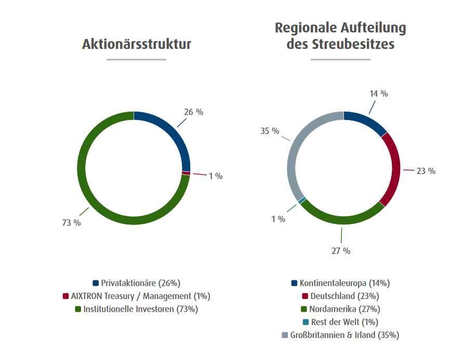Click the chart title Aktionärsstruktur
click(137, 44)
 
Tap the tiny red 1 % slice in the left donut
click(186, 173)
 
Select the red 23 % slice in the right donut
click(394, 169)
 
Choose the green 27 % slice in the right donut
click(343, 220)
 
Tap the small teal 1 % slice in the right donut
click(302, 200)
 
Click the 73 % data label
click(72, 223)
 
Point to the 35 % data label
click(270, 131)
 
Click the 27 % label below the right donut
click(341, 251)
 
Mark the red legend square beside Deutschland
click(306, 296)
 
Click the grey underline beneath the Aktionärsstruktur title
click(137, 59)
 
